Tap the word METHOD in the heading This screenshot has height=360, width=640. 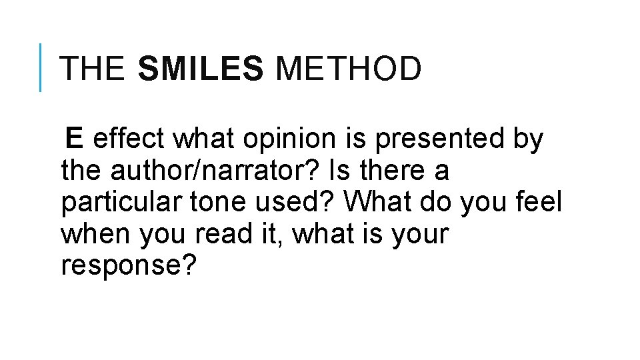(x=348, y=69)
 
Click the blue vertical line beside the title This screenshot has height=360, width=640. (x=41, y=67)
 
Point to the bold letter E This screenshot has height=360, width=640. (x=74, y=139)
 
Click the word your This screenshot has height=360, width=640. (x=419, y=235)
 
